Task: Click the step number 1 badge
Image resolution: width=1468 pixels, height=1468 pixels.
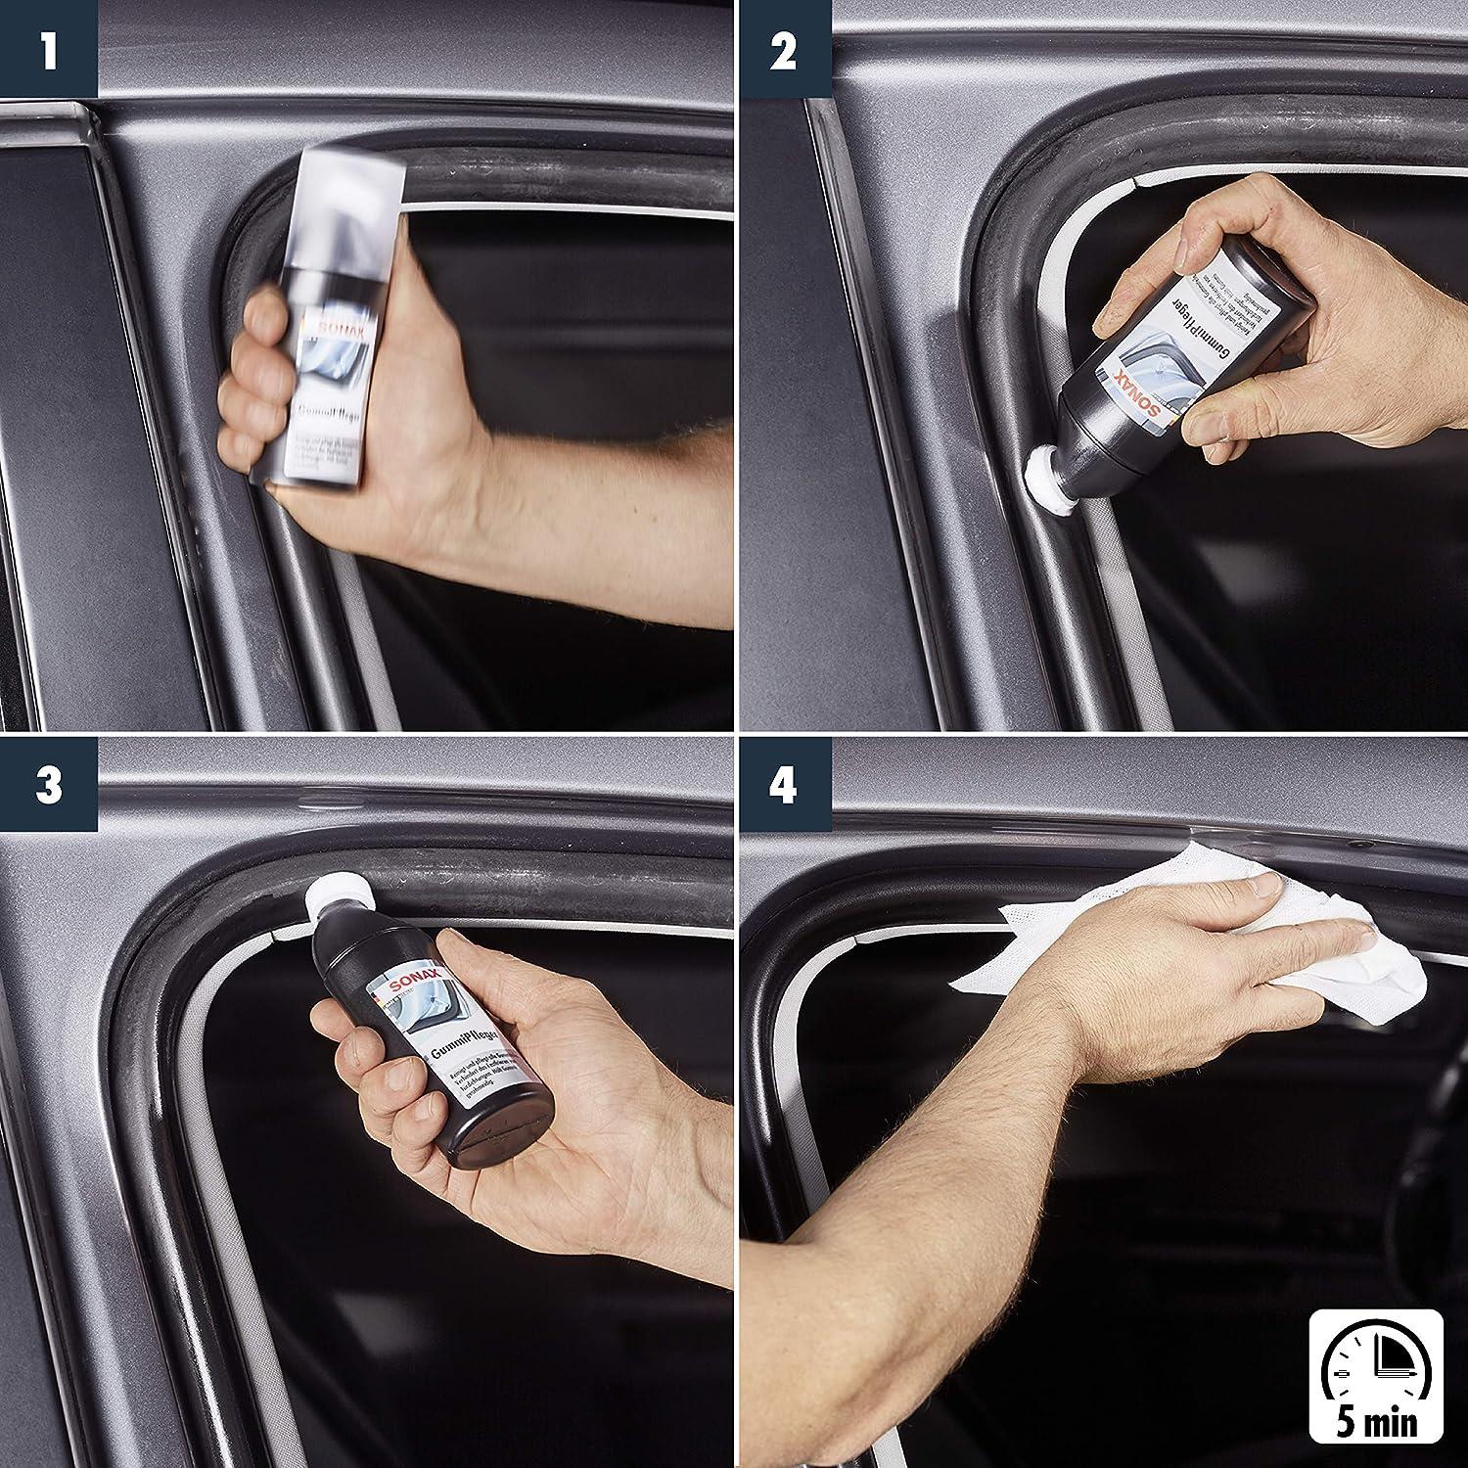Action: (48, 49)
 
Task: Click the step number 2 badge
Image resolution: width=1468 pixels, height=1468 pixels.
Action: (783, 49)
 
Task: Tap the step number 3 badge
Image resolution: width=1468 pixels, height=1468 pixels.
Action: (48, 786)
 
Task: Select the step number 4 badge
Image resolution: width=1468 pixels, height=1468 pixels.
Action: (783, 786)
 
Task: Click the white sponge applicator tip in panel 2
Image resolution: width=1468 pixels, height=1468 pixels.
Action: (1044, 476)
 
